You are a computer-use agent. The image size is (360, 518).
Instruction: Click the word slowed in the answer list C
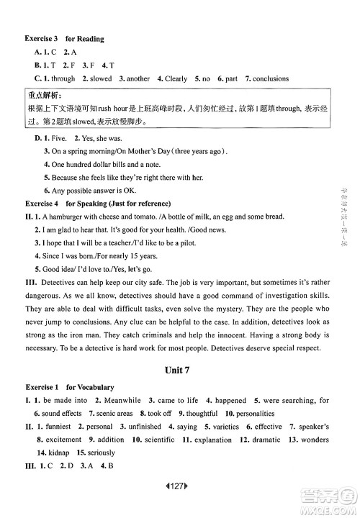[x=97, y=78]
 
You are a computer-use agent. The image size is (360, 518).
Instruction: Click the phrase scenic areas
[x=114, y=413]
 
